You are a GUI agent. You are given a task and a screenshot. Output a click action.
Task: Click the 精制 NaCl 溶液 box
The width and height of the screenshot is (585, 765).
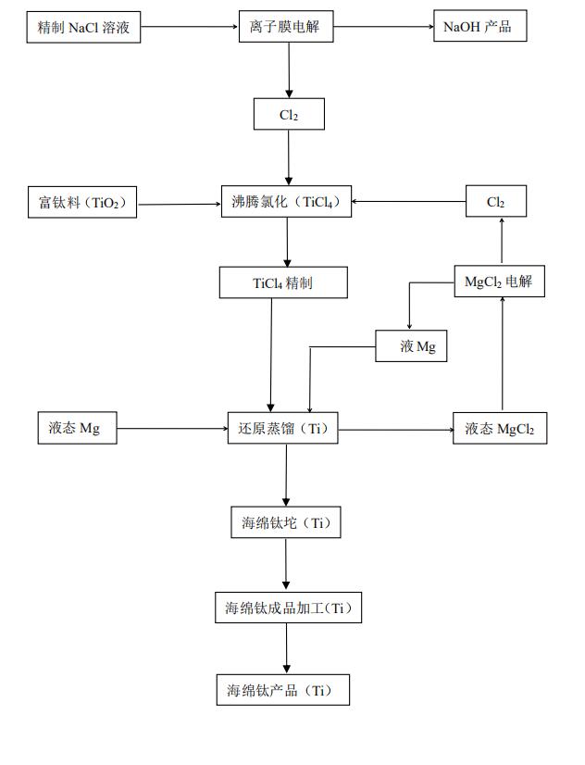pyautogui.click(x=83, y=27)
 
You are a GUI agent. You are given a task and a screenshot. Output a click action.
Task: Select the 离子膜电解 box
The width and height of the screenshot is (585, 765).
pyautogui.click(x=289, y=27)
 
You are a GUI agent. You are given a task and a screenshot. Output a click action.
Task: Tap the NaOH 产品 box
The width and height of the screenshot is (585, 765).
pyautogui.click(x=478, y=27)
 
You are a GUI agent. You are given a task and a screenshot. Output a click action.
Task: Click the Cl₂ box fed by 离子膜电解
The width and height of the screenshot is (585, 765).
pyautogui.click(x=289, y=114)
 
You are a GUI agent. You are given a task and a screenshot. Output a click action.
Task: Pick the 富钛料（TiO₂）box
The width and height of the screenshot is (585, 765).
pyautogui.click(x=82, y=202)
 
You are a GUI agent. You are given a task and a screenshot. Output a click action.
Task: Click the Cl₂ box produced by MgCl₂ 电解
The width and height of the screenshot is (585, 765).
pyautogui.click(x=496, y=202)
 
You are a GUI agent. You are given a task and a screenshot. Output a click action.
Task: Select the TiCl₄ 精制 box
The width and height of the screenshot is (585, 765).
pyautogui.click(x=283, y=282)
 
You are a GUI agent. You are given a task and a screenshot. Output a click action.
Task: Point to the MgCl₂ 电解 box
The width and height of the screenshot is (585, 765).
pyautogui.click(x=499, y=282)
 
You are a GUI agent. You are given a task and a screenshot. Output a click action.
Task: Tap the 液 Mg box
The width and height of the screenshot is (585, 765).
pyautogui.click(x=411, y=346)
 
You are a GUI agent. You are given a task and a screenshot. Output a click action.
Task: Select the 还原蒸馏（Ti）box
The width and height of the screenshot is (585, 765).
pyautogui.click(x=283, y=429)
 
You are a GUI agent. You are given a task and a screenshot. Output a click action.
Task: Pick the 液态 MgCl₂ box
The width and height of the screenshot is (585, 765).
pyautogui.click(x=499, y=429)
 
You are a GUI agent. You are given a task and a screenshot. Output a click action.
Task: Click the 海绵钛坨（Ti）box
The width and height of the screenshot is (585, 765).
pyautogui.click(x=285, y=522)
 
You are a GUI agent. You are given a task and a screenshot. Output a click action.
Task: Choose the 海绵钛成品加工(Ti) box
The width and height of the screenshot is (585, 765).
pyautogui.click(x=288, y=608)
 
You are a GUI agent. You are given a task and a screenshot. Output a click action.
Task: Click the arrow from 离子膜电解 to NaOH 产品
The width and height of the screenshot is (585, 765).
pyautogui.click(x=383, y=27)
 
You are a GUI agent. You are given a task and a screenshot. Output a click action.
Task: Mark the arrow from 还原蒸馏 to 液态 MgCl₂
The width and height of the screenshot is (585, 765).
pyautogui.click(x=394, y=429)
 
